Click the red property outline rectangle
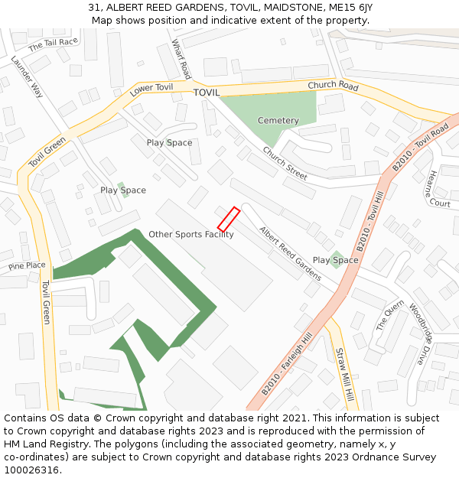229,219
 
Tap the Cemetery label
278,121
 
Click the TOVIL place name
206,93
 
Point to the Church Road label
333,86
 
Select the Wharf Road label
181,59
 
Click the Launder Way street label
27,76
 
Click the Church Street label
285,163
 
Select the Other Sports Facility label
191,235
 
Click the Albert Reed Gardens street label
290,252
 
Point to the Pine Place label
27,266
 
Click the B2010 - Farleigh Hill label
286,364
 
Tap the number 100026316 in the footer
32,470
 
